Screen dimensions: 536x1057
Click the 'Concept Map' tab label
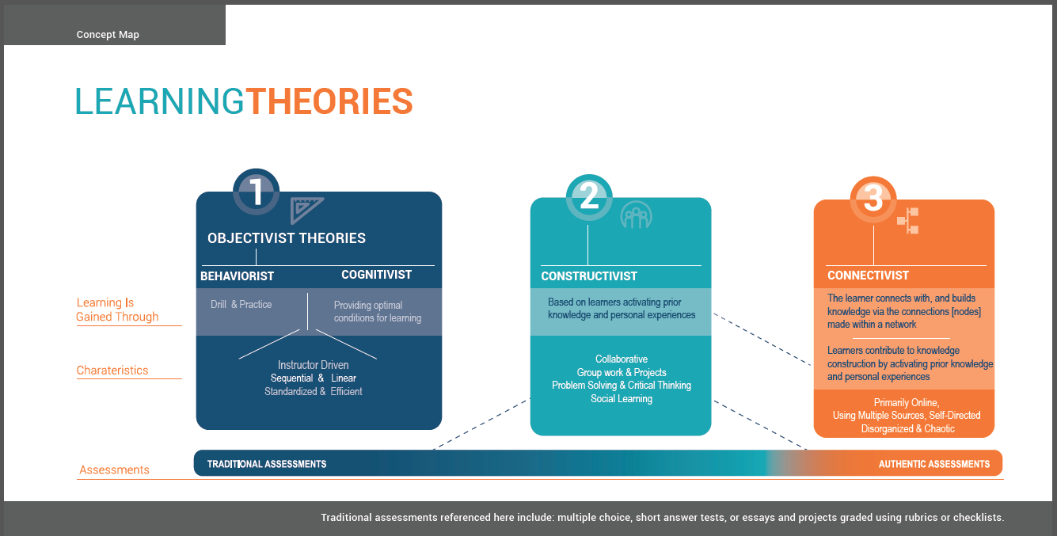(108, 35)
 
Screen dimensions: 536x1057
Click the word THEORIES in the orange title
(329, 102)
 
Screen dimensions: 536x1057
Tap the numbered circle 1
(256, 192)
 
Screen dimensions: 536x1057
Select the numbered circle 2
(589, 197)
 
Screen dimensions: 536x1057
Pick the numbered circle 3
(873, 199)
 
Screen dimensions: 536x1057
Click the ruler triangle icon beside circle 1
(306, 211)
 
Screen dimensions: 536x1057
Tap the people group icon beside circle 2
(635, 215)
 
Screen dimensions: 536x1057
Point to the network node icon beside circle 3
(907, 220)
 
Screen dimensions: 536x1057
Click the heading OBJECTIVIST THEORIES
(287, 238)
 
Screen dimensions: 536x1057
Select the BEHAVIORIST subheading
(237, 276)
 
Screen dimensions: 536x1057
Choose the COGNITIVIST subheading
(376, 275)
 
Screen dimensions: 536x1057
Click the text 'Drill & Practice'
(241, 304)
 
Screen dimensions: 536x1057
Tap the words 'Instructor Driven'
(313, 365)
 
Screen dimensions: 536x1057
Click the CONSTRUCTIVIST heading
(588, 276)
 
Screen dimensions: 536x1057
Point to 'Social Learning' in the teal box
(621, 399)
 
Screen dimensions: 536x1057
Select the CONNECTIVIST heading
(868, 276)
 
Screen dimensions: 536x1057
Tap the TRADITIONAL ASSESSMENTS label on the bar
(266, 464)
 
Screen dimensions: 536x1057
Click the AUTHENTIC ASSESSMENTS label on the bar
(933, 464)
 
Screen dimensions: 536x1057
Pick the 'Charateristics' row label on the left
(112, 371)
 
